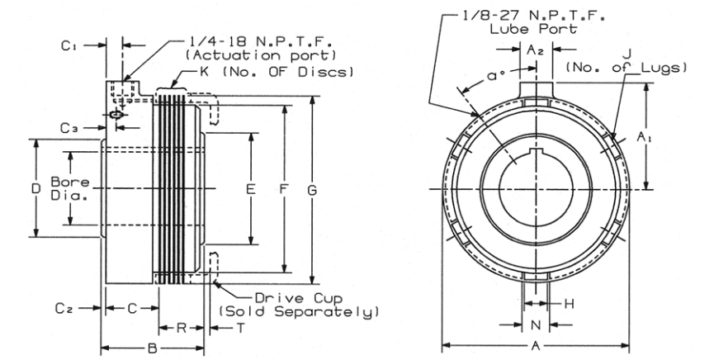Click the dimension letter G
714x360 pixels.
pos(312,190)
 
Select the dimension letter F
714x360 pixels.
pos(283,190)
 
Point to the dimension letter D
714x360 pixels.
pos(35,189)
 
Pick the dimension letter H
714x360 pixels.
pos(568,305)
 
